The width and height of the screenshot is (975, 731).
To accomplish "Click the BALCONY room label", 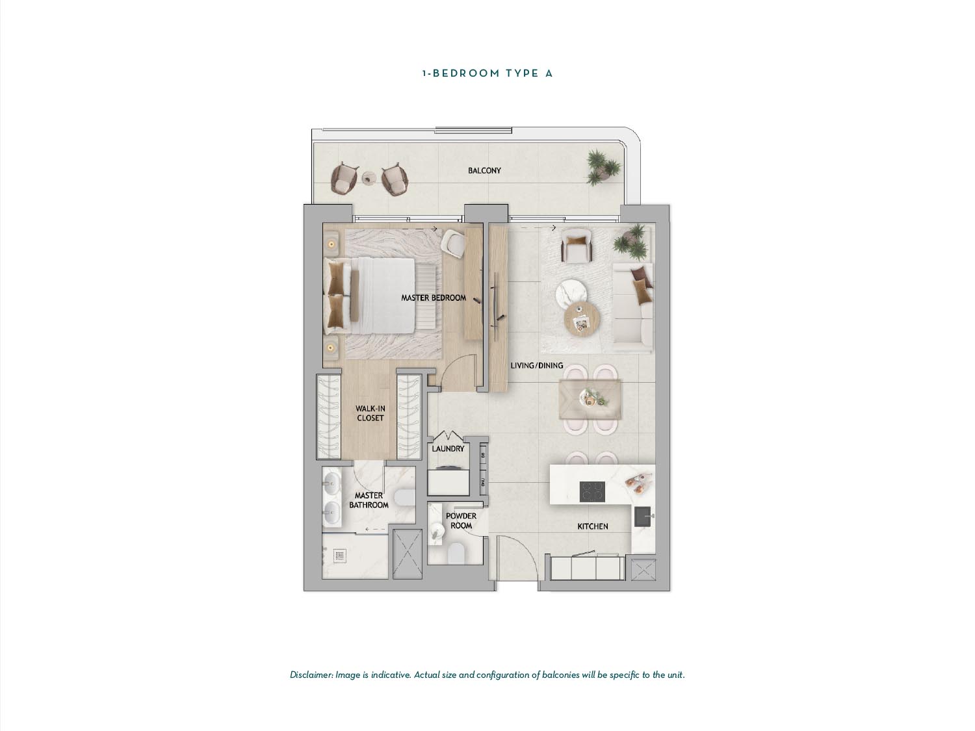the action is (x=484, y=170).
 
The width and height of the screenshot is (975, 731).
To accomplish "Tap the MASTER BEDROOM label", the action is (x=434, y=298).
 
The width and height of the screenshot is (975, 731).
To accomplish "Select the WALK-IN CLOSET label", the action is (x=370, y=413).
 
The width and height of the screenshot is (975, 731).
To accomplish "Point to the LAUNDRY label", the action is (x=448, y=449).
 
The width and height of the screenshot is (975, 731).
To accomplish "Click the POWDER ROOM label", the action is (x=461, y=520).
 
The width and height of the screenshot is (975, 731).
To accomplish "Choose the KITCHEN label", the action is (x=593, y=526).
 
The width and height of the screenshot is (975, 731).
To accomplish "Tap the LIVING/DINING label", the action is (x=537, y=366).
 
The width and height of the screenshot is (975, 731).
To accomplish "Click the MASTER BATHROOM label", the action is (x=369, y=500).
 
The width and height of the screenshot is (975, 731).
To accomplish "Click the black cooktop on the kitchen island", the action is (x=592, y=491).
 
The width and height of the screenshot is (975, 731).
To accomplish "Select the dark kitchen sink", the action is (x=642, y=517).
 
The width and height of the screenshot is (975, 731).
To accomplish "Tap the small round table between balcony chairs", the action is (x=369, y=178).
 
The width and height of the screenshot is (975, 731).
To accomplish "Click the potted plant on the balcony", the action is (x=603, y=167).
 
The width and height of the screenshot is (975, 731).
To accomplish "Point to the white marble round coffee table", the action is (x=572, y=294).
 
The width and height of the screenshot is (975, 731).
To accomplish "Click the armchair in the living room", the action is (x=577, y=247).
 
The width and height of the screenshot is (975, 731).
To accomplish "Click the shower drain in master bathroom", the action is (x=340, y=556).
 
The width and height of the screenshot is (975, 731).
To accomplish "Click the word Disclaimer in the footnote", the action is (x=311, y=675).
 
